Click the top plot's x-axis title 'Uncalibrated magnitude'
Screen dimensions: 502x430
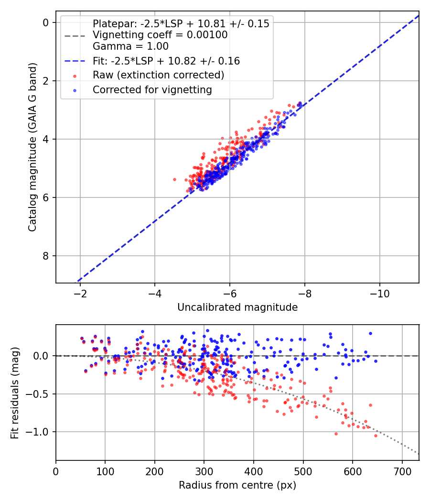pyautogui.click(x=237, y=307)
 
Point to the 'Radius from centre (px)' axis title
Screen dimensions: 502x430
pyautogui.click(x=237, y=485)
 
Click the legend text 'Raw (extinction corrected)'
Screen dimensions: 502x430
pyautogui.click(x=158, y=75)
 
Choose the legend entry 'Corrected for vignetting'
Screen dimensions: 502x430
pyautogui.click(x=152, y=89)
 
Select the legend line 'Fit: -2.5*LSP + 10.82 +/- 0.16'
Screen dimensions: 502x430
pyautogui.click(x=166, y=61)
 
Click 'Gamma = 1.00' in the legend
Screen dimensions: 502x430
pyautogui.click(x=130, y=47)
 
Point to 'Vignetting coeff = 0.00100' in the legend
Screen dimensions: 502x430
pyautogui.click(x=160, y=35)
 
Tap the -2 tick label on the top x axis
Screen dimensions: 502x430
pyautogui.click(x=80, y=292)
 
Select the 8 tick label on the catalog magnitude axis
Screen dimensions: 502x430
pyautogui.click(x=46, y=256)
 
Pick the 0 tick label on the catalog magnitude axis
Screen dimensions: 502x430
pyautogui.click(x=46, y=23)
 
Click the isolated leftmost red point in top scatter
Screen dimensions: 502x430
pyautogui.click(x=174, y=179)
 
